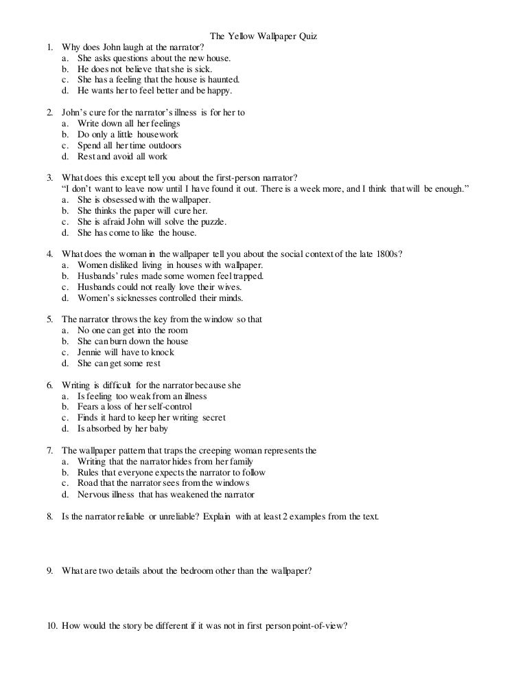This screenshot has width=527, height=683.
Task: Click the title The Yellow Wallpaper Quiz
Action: tap(263, 36)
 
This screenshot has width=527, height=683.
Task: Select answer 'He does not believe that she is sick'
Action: tap(145, 69)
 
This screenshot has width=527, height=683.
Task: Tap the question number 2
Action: tap(50, 113)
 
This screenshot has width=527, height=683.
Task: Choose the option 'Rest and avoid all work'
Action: tap(122, 157)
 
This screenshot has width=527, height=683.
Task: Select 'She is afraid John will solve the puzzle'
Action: tap(152, 221)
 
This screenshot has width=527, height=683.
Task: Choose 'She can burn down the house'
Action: tap(132, 341)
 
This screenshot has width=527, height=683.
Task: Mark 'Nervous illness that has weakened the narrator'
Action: tap(165, 494)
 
